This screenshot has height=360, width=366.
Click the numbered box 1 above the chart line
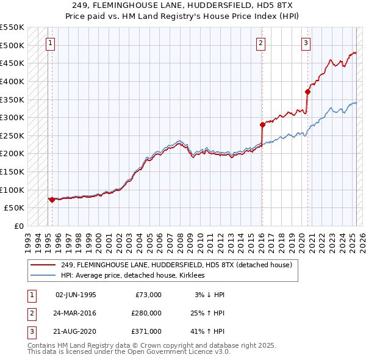click(49, 43)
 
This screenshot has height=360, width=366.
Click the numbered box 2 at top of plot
click(260, 43)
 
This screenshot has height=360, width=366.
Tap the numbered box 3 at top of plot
click(306, 43)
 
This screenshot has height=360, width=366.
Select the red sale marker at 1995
click(52, 200)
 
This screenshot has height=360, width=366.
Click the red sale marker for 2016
click(262, 124)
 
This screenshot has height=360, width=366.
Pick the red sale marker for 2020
click(307, 92)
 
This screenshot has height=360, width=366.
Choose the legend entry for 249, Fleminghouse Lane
click(177, 265)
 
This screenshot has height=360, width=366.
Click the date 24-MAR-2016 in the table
click(76, 313)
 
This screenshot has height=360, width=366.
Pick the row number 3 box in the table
click(30, 331)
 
